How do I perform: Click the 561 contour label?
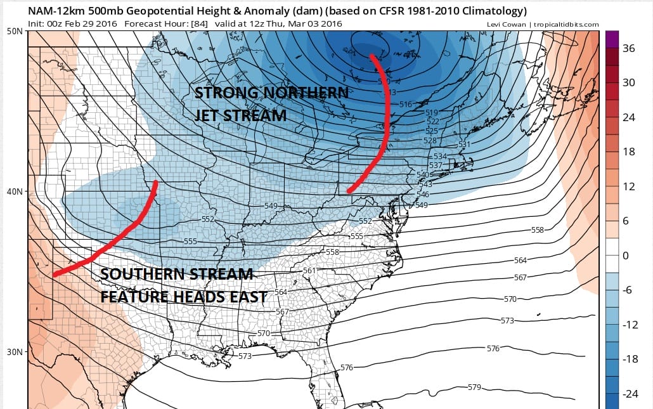pos(309,271)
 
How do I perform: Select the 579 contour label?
pos(474,387)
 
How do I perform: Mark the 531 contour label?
pos(465,145)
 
